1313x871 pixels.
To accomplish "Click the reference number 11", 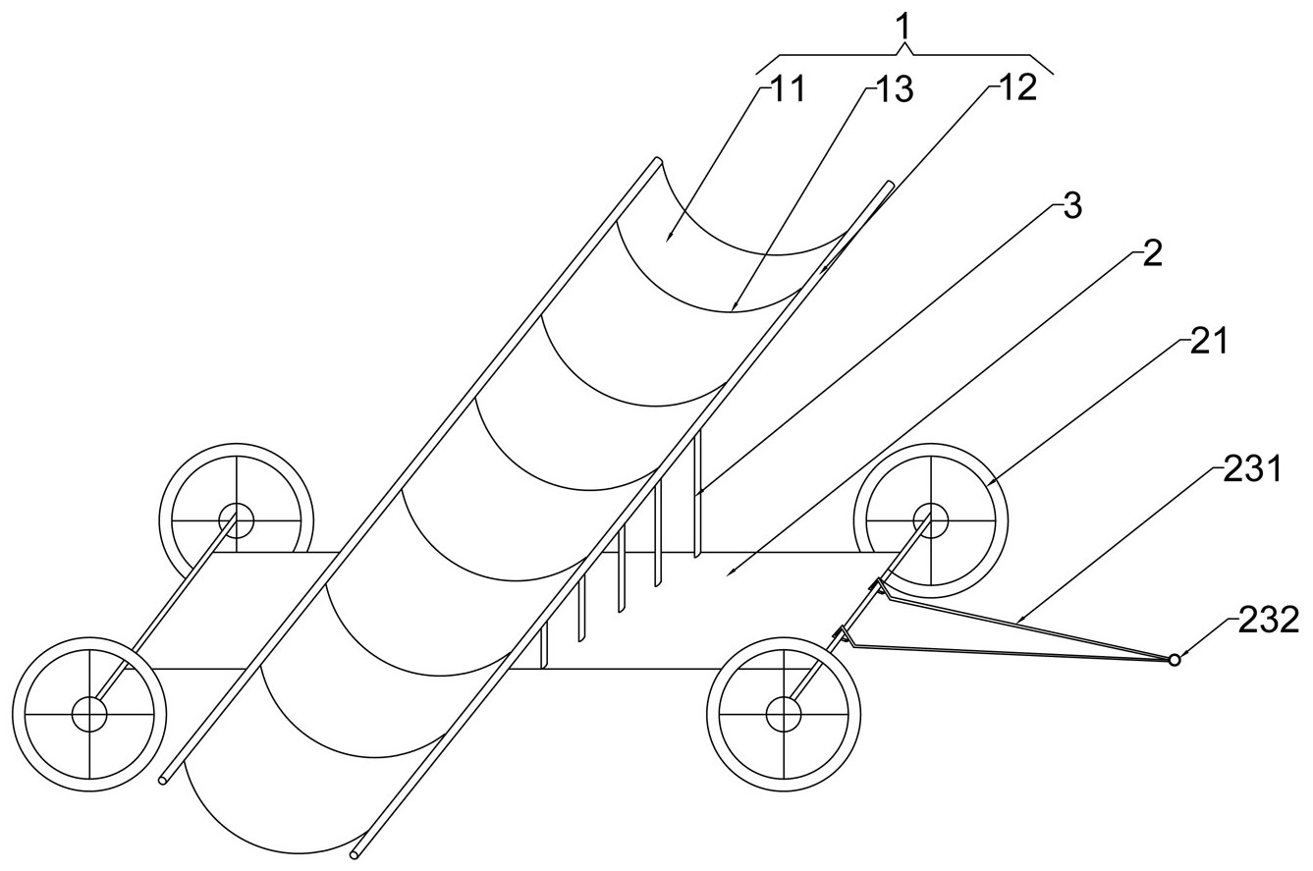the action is pyautogui.click(x=789, y=89).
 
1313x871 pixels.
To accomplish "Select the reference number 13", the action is pyautogui.click(x=894, y=89).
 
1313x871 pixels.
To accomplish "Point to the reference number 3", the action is pyautogui.click(x=1072, y=207).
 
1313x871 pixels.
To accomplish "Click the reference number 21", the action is pyautogui.click(x=1209, y=342).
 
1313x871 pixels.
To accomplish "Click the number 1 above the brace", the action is pyautogui.click(x=905, y=27).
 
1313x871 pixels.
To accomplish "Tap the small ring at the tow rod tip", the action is pyautogui.click(x=1174, y=660).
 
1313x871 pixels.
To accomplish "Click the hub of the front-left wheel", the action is pyautogui.click(x=89, y=714).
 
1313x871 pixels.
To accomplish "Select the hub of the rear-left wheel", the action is pyautogui.click(x=237, y=519).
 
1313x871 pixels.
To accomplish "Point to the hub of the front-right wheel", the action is pyautogui.click(x=784, y=714).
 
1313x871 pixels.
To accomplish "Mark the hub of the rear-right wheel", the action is pyautogui.click(x=930, y=519).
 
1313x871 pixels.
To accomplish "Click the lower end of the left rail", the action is pyautogui.click(x=163, y=780).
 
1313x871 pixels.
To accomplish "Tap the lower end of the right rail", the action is pyautogui.click(x=355, y=855).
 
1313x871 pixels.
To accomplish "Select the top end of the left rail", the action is pyautogui.click(x=658, y=160).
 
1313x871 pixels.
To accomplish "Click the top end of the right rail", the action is pyautogui.click(x=890, y=184).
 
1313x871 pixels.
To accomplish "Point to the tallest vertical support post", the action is pyautogui.click(x=697, y=495).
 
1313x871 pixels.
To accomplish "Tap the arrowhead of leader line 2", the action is pyautogui.click(x=730, y=573).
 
